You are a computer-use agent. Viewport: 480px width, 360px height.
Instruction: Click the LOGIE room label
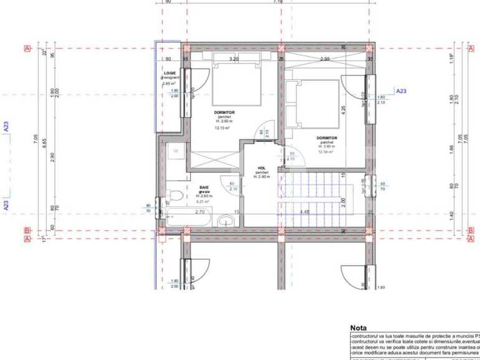pyautogui.click(x=169, y=73)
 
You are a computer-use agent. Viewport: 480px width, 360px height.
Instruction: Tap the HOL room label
pyautogui.click(x=262, y=168)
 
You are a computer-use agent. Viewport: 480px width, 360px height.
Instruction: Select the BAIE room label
pyautogui.click(x=204, y=187)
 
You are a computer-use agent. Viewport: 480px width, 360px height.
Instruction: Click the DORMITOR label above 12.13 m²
pyautogui.click(x=224, y=113)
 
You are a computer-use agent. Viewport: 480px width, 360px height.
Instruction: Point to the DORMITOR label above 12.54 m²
pyautogui.click(x=326, y=138)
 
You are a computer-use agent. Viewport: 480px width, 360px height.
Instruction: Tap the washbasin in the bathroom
pyautogui.click(x=224, y=220)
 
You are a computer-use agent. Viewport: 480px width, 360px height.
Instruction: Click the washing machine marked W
pyautogui.click(x=176, y=151)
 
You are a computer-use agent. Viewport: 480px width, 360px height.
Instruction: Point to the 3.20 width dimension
pyautogui.click(x=234, y=59)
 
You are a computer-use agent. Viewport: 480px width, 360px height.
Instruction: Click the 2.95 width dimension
pyautogui.click(x=325, y=59)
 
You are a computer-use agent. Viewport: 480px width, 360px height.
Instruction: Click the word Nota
pyautogui.click(x=359, y=327)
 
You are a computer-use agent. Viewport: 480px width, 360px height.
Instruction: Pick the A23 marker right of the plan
pyautogui.click(x=401, y=91)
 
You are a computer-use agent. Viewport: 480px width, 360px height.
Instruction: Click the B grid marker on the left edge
pyautogui.click(x=27, y=230)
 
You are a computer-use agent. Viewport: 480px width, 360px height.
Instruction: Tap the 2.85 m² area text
pyautogui.click(x=168, y=83)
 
